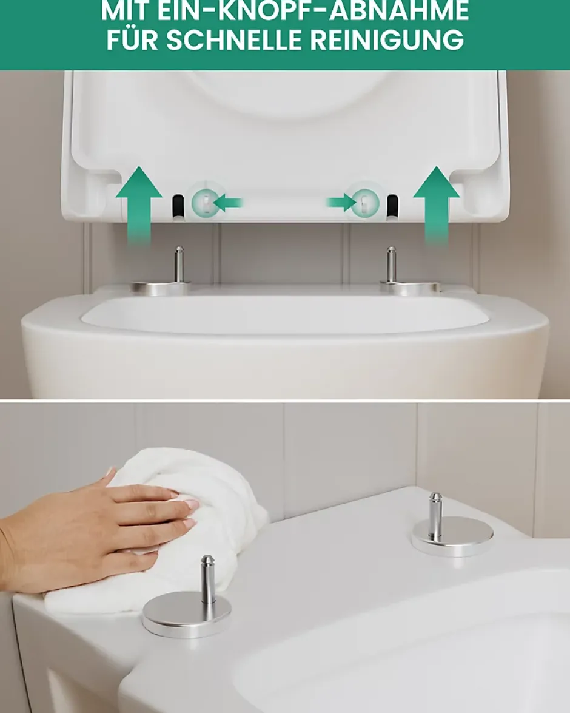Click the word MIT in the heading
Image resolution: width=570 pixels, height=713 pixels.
tap(124, 11)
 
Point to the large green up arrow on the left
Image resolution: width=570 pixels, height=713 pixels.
tap(139, 204)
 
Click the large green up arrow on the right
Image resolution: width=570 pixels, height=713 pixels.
tap(437, 204)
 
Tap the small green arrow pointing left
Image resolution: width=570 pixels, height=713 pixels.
tap(228, 202)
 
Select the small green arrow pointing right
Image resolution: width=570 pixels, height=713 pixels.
tap(341, 202)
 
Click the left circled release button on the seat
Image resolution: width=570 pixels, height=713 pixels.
tap(206, 202)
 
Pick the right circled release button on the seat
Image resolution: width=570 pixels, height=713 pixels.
tap(364, 202)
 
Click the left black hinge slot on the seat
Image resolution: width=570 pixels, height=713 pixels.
tap(178, 206)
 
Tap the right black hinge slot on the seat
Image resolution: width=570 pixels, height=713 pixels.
tap(392, 206)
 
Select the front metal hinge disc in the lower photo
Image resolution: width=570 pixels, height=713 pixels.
tap(181, 613)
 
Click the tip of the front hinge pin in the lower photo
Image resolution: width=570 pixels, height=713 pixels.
tap(207, 556)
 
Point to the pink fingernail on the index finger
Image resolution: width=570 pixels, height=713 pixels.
tap(191, 504)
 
